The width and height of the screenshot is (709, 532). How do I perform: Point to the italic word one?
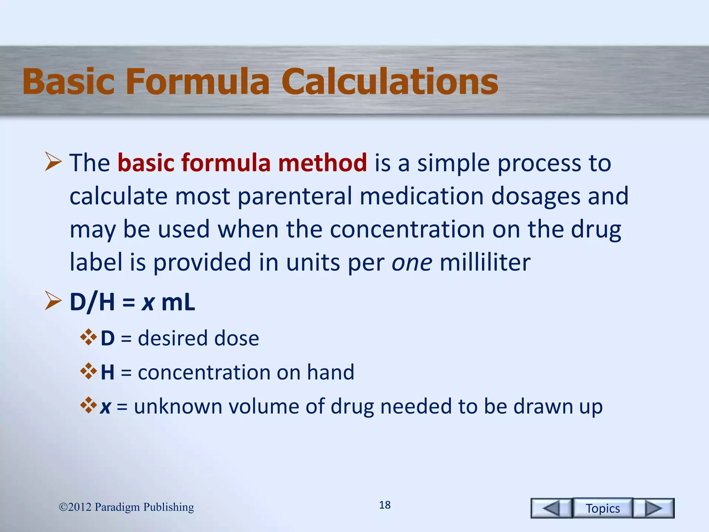[412, 262]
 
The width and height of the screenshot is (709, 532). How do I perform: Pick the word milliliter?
[485, 262]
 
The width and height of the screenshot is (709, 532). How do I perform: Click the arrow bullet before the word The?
[53, 162]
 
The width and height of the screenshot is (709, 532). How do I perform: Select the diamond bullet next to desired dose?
[88, 337]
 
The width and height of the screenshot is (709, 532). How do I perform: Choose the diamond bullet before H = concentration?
[88, 371]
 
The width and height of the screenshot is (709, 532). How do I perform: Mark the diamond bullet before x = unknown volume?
[88, 405]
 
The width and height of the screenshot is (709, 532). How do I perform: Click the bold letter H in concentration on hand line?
[107, 372]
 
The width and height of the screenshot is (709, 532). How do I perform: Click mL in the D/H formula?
[178, 302]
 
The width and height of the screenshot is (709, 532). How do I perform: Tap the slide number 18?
[385, 505]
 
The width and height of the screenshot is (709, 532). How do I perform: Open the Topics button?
[603, 508]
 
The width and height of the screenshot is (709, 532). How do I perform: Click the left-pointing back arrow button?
[551, 508]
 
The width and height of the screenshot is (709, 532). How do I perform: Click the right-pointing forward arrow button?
[654, 508]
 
